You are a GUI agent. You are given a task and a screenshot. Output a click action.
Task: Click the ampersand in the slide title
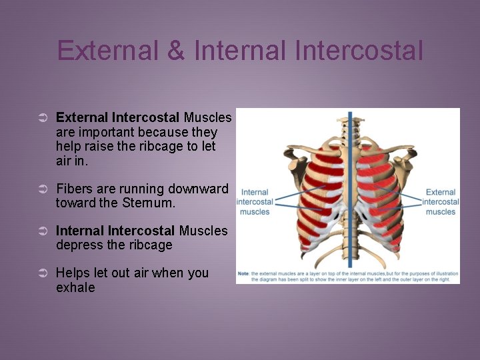point(176,51)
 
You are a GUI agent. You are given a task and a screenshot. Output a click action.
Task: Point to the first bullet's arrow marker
point(41,118)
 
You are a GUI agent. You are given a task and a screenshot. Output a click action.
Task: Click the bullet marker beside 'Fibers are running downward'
point(41,189)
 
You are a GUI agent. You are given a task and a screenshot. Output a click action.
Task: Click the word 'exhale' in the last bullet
point(75,288)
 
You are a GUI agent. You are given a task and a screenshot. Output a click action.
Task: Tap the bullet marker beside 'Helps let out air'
point(41,273)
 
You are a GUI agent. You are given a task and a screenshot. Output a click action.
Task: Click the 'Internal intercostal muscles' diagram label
point(255,202)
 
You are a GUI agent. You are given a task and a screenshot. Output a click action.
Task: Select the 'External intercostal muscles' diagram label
point(440,202)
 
